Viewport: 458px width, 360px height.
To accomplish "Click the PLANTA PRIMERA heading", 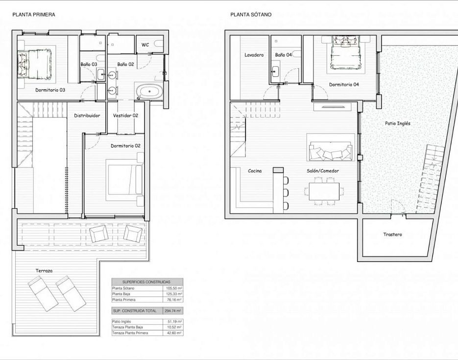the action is [34, 15].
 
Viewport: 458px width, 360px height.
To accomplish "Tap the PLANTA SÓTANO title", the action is [251, 15].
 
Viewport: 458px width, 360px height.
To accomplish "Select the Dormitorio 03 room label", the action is [50, 90].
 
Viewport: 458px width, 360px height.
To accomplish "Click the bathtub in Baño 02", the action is [149, 91].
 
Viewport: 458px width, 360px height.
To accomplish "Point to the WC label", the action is [145, 45].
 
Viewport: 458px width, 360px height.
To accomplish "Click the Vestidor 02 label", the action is [125, 115].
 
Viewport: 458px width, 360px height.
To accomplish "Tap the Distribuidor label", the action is [87, 115].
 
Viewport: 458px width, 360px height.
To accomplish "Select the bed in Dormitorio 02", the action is [125, 180].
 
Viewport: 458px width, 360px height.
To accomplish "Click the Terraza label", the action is [44, 271].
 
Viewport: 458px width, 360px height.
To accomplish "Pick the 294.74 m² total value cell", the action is [172, 311].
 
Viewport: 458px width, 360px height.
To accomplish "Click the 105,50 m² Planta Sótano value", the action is [174, 288].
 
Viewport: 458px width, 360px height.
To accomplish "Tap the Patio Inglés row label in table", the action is [121, 321].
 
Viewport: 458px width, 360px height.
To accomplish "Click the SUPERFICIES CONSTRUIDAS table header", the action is [146, 282].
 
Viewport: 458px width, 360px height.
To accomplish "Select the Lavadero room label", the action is [254, 55].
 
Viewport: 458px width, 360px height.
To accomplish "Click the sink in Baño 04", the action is [275, 71].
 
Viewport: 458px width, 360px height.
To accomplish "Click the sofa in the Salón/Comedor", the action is [331, 151].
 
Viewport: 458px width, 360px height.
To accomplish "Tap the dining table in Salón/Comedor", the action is [324, 192].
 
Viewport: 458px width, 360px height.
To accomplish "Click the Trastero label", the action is [392, 235].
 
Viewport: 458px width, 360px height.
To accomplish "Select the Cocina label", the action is [255, 171].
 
